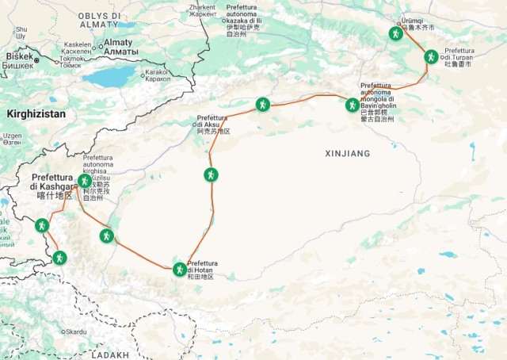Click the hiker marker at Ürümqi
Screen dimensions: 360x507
click(x=396, y=34)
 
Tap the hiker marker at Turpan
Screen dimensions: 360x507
click(x=430, y=56)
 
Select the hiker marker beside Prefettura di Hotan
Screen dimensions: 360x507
click(x=180, y=269)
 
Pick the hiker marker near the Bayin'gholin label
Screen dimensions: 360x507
click(x=353, y=104)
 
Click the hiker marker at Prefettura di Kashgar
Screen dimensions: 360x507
click(x=84, y=181)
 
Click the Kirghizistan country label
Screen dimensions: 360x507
click(x=36, y=114)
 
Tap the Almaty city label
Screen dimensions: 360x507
click(x=118, y=42)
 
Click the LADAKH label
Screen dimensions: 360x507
click(x=110, y=355)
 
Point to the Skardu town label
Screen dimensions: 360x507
click(x=74, y=331)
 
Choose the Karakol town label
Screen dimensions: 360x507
click(x=157, y=72)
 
